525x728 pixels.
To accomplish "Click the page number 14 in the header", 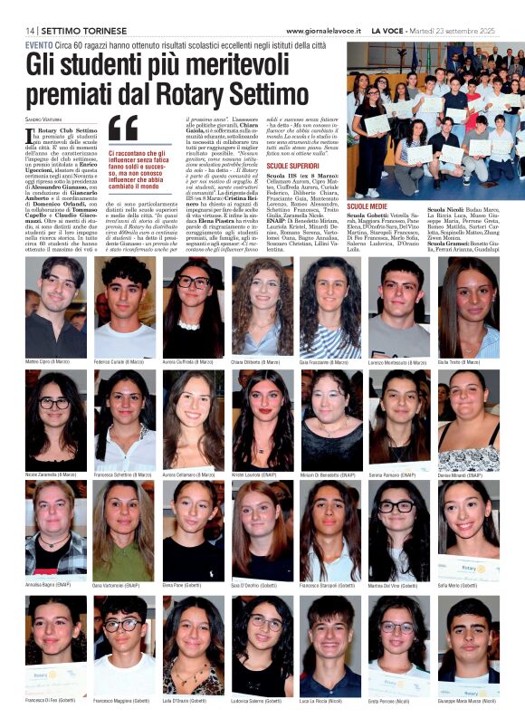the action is [x=32, y=31].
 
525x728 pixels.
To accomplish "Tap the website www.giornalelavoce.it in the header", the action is [x=323, y=31].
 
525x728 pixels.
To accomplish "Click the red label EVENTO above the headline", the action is [x=39, y=44].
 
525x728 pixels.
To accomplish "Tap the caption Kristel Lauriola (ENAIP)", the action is [x=263, y=474].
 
